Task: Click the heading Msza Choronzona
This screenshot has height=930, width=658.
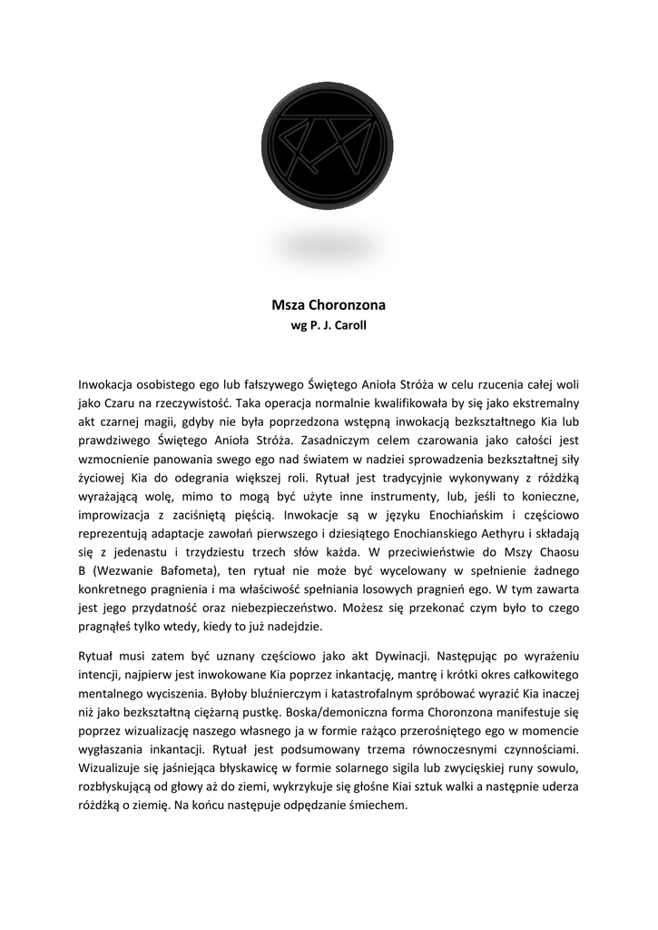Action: (329, 306)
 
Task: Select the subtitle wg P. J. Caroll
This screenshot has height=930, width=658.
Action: (328, 325)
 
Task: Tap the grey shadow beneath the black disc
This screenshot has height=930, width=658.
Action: (328, 244)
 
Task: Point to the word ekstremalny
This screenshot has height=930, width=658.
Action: (539, 401)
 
